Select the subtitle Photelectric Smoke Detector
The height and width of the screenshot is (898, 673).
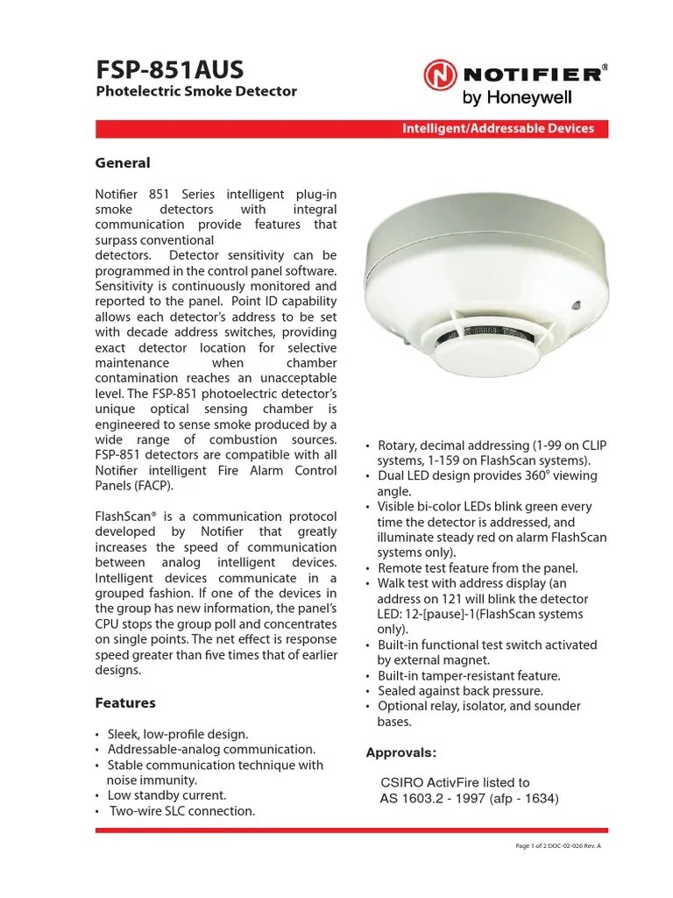point(195,91)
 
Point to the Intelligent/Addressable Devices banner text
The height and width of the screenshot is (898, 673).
point(498,128)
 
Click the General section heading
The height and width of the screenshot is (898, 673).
point(122,163)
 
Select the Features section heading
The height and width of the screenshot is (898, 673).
point(124,702)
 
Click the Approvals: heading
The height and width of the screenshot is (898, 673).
point(400,752)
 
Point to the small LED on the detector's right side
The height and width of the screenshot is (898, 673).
point(577,306)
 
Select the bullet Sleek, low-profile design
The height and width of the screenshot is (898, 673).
point(177,733)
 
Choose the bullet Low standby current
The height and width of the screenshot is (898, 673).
point(166,795)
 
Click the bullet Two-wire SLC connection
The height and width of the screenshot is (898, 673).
point(181,810)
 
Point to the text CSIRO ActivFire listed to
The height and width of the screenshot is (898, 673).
point(455,782)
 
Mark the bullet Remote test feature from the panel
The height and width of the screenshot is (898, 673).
point(478,567)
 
